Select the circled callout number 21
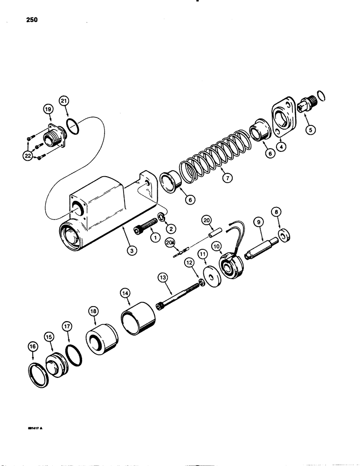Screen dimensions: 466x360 (64, 100)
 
